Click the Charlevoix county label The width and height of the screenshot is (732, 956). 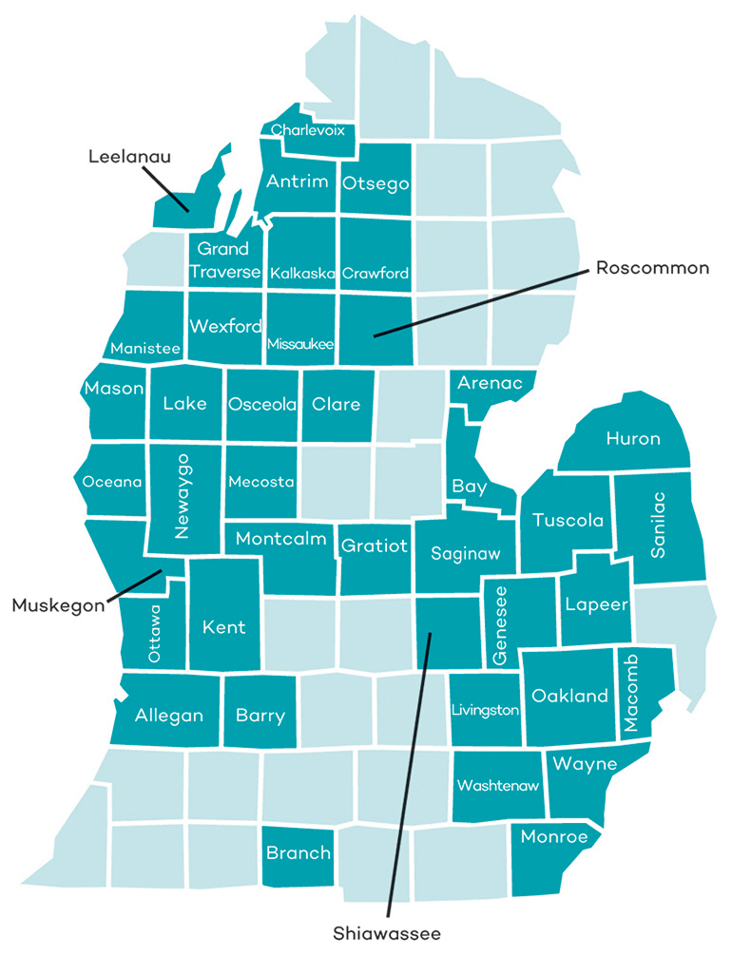[307, 129]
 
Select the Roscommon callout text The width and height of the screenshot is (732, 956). [652, 268]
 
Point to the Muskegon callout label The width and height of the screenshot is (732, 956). [56, 604]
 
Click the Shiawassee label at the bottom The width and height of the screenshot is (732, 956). [387, 933]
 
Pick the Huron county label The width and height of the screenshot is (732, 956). [633, 438]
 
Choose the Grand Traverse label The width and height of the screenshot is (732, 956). [223, 260]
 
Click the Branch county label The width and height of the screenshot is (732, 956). [299, 852]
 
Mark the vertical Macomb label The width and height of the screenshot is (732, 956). [632, 693]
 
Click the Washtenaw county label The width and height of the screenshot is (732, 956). [498, 786]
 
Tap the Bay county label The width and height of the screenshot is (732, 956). [470, 488]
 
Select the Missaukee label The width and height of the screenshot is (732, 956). [300, 343]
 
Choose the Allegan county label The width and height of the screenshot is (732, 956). [169, 716]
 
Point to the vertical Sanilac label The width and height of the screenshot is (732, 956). [659, 527]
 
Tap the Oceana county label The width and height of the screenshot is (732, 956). [112, 482]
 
